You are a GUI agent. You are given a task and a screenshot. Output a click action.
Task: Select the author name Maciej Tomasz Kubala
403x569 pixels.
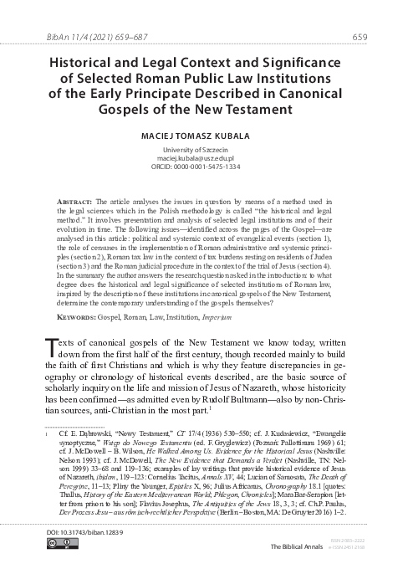pyautogui.click(x=201, y=133)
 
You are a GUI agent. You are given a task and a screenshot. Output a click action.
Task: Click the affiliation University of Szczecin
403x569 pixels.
pyautogui.click(x=201, y=149)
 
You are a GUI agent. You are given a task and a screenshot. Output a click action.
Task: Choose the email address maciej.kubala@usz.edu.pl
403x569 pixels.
pyautogui.click(x=201, y=157)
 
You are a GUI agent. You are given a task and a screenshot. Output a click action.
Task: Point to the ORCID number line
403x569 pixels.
pyautogui.click(x=201, y=166)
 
